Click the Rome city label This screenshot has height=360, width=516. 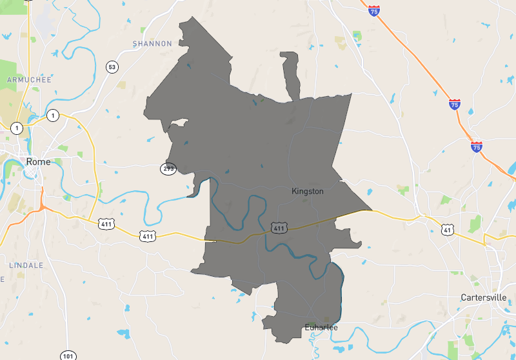pyautogui.click(x=38, y=161)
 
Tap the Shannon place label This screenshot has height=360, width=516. pyautogui.click(x=152, y=44)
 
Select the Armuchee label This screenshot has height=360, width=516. pyautogui.click(x=25, y=79)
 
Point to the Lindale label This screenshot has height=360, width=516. pyautogui.click(x=26, y=265)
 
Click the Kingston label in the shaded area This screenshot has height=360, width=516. pyautogui.click(x=308, y=191)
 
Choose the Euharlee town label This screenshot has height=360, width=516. pyautogui.click(x=321, y=327)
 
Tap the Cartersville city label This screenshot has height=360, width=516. pyautogui.click(x=484, y=297)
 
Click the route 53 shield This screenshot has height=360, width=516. pyautogui.click(x=112, y=67)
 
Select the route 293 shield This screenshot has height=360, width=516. pyautogui.click(x=168, y=168)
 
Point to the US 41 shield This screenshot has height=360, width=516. pyautogui.click(x=447, y=229)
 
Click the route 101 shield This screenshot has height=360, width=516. pyautogui.click(x=68, y=355)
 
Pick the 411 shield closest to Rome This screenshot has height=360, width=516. pyautogui.click(x=106, y=224)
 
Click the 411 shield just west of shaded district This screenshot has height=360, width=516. pyautogui.click(x=148, y=236)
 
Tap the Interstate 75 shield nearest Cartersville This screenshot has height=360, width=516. pyautogui.click(x=476, y=147)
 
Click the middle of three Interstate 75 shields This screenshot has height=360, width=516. pyautogui.click(x=455, y=103)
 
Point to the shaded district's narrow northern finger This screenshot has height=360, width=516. pyautogui.click(x=292, y=74)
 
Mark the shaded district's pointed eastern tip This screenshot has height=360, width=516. pyautogui.click(x=371, y=210)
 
